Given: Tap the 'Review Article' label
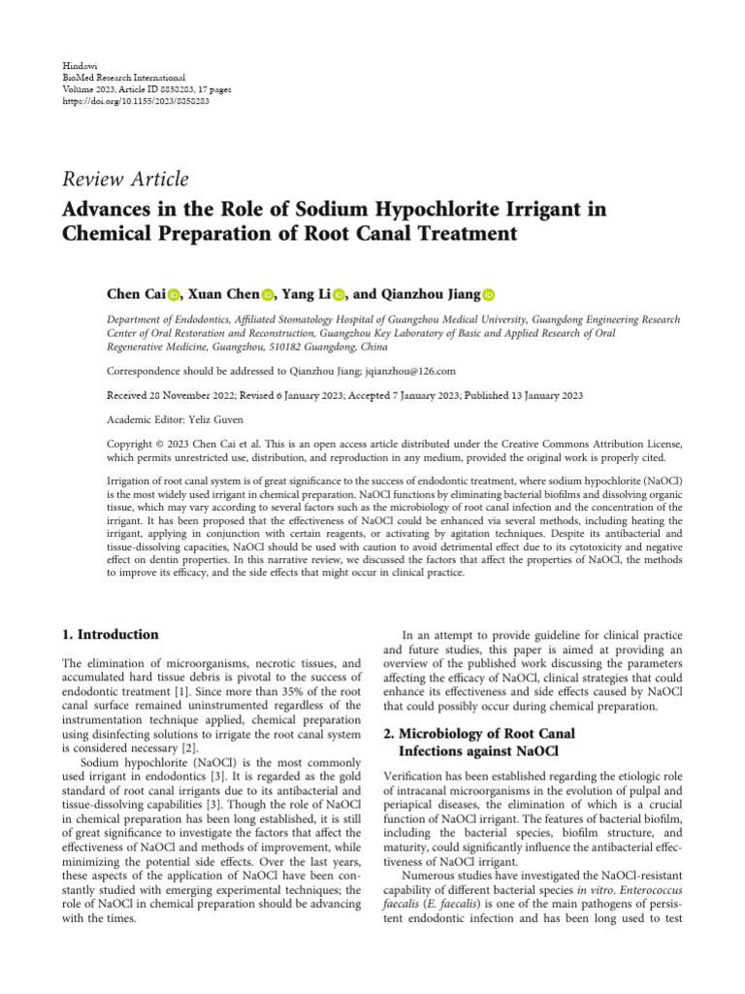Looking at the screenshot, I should [125, 179].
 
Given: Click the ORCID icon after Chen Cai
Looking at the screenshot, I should [175, 294].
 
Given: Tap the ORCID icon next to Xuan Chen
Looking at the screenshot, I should [268, 294].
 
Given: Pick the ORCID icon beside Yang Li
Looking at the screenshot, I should [339, 294].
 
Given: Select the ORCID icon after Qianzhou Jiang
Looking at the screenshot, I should [488, 294].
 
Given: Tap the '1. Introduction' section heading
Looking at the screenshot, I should [110, 635].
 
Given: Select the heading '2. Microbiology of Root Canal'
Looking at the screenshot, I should [479, 733].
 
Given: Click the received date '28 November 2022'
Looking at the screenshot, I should [191, 395].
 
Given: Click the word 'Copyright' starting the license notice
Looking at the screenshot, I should [131, 444].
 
